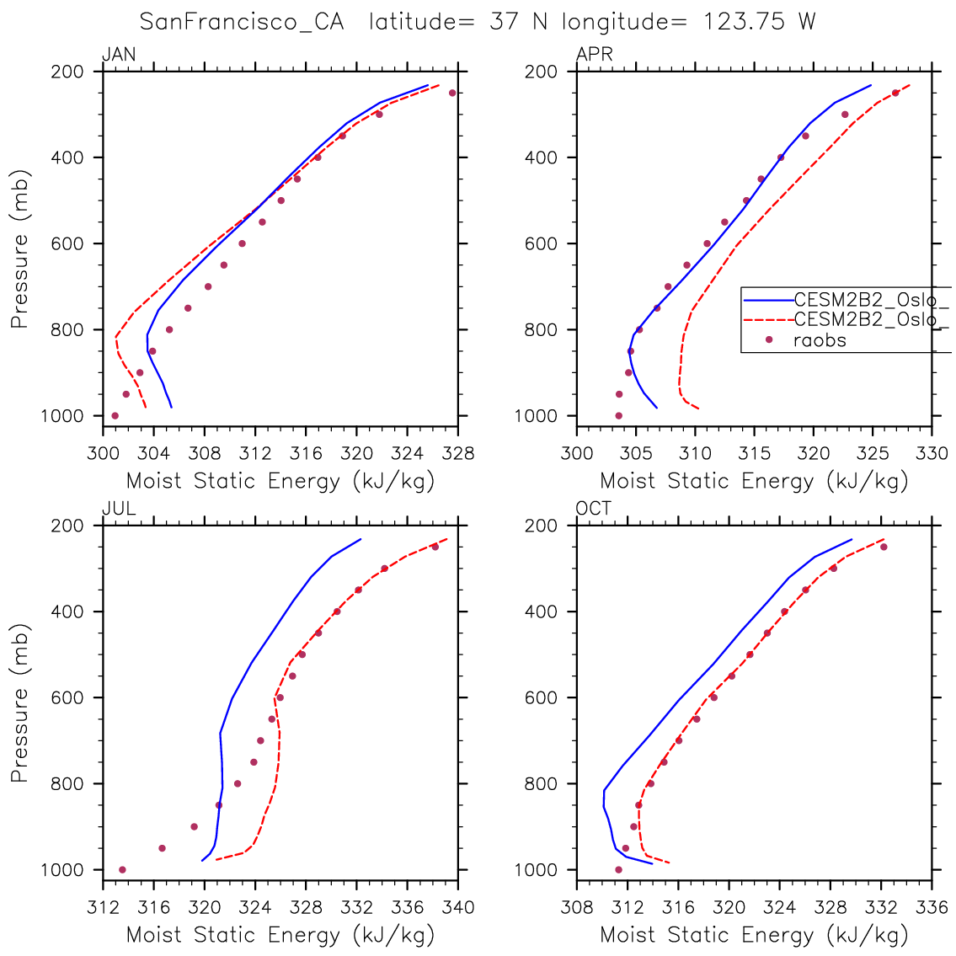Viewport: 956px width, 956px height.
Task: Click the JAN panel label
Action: (119, 56)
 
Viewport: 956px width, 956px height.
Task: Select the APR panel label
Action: (594, 56)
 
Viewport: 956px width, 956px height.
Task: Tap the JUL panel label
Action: (119, 509)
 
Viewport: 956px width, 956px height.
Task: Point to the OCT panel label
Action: (594, 509)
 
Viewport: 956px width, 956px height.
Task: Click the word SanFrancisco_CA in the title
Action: (242, 22)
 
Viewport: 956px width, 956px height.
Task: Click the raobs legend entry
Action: (820, 340)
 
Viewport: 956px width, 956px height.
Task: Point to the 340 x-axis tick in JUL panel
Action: (458, 908)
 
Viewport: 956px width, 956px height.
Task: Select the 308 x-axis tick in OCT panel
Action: (577, 908)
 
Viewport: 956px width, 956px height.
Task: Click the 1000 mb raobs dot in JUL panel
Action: (122, 869)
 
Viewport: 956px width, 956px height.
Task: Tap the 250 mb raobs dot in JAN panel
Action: (452, 93)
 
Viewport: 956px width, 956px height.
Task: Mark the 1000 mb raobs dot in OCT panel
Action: (618, 869)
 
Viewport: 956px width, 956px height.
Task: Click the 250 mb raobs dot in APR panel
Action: (895, 93)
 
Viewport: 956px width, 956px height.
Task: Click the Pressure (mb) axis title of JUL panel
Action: (19, 703)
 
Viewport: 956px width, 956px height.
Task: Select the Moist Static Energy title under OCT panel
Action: (754, 934)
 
